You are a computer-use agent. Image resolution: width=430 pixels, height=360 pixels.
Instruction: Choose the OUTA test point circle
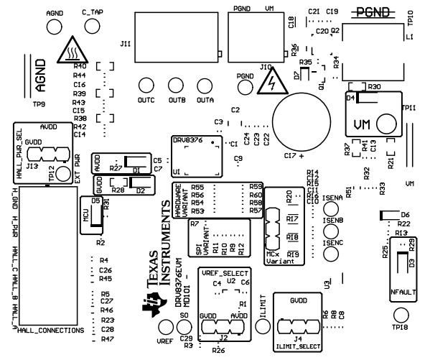click(206, 85)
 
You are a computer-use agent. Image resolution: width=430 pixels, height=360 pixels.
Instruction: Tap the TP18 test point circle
click(400, 315)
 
